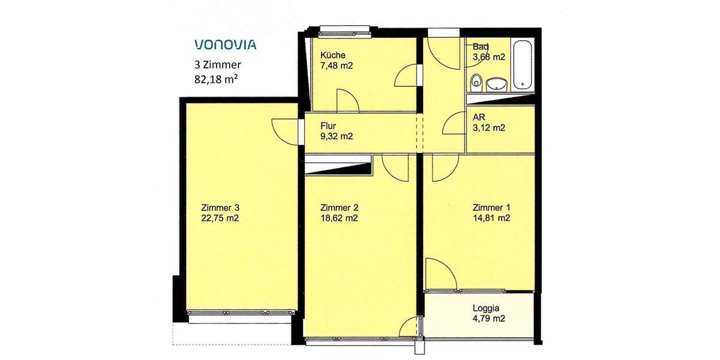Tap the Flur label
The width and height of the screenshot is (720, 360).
328,126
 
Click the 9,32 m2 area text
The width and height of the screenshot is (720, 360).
336,136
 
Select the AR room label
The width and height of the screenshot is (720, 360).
478,118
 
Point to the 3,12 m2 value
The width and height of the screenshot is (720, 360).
488,128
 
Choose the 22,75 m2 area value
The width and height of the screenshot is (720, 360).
221,218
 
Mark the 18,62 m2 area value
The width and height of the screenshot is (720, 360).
339,218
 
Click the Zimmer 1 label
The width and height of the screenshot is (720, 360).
491,208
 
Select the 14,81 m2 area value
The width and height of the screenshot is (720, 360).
491,218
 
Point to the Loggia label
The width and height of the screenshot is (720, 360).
486,309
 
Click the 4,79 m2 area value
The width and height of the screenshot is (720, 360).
489,319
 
